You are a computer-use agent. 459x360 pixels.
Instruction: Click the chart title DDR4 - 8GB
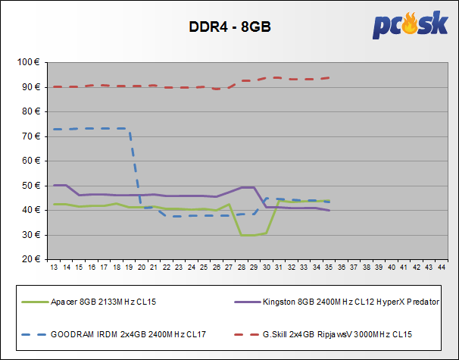pyautogui.click(x=229, y=27)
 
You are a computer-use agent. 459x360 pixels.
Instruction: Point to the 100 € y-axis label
pyautogui.click(x=30, y=62)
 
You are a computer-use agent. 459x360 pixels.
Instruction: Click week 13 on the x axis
pyautogui.click(x=54, y=268)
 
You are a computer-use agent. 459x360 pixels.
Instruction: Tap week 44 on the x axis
pyautogui.click(x=442, y=268)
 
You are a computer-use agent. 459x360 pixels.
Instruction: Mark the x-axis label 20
pyautogui.click(x=142, y=268)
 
